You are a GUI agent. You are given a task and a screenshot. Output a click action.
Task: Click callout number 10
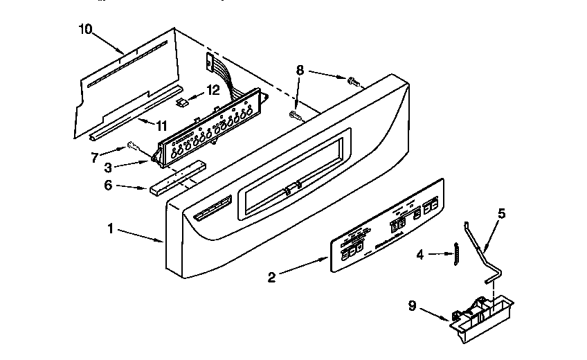pos(85,29)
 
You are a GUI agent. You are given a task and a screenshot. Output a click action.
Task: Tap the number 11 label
pos(161,125)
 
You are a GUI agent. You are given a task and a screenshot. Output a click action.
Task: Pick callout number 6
pos(107,186)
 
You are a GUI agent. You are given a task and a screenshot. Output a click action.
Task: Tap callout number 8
pos(300,69)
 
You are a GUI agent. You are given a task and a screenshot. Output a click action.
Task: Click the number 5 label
pos(502,213)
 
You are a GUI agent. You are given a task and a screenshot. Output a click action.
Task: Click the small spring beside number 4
pos(456,253)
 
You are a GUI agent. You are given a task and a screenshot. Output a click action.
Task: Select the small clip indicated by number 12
pos(183,102)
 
